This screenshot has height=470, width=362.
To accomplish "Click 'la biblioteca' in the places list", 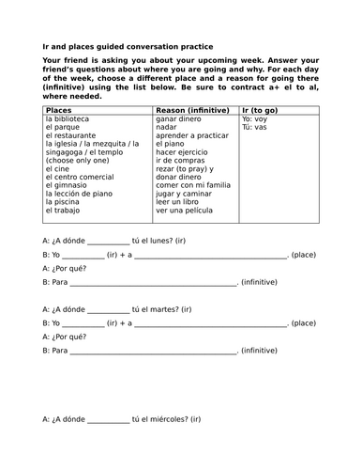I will click(68, 119).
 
